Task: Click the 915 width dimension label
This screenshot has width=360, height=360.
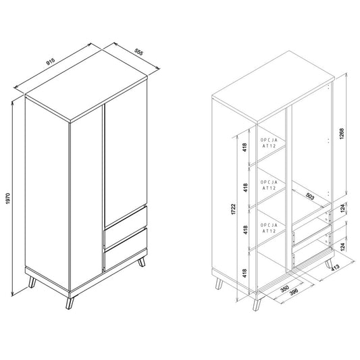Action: (x=51, y=61)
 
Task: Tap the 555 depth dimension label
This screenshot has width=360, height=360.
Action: (x=138, y=52)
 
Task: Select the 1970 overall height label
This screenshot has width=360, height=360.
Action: (x=8, y=199)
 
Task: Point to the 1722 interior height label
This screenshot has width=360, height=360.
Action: (x=234, y=209)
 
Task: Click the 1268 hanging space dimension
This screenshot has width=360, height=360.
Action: (x=342, y=134)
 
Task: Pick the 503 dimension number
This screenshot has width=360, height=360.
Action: (x=310, y=196)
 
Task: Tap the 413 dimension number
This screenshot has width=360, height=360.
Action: (x=335, y=267)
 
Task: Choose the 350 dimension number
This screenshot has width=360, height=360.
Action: (x=285, y=288)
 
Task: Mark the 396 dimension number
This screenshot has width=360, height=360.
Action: (x=294, y=292)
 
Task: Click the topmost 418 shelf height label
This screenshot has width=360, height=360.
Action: (x=245, y=147)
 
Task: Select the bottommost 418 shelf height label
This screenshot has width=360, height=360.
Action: (x=245, y=274)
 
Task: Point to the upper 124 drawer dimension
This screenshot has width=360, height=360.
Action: (x=343, y=208)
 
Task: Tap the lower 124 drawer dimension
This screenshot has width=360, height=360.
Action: (x=343, y=247)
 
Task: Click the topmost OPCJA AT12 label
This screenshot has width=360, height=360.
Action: (x=269, y=143)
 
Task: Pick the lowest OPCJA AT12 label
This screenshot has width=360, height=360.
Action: (x=269, y=228)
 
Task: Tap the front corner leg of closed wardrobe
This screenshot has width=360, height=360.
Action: (x=70, y=303)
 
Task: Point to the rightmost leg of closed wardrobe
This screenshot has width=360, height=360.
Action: (x=142, y=262)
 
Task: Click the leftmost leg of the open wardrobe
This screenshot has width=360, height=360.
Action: (x=219, y=284)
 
